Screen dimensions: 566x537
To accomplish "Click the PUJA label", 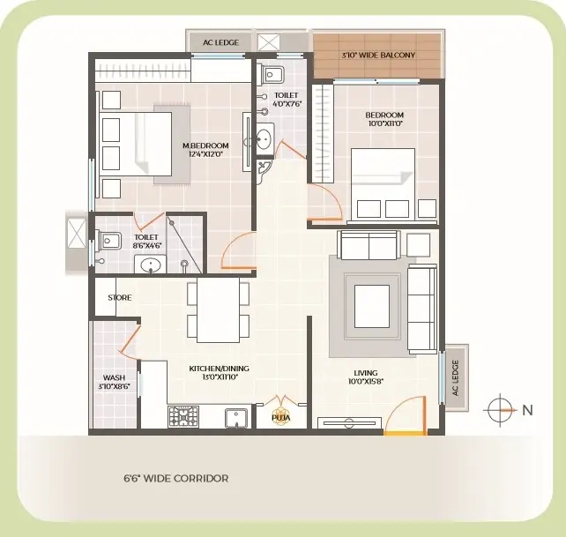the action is click(x=281, y=418).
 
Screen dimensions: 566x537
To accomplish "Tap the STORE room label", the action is click(x=120, y=297).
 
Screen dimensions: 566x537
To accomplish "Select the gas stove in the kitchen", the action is click(x=183, y=416).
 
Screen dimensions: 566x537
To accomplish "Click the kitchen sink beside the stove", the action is click(x=236, y=418).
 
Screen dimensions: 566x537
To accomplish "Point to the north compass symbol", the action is click(x=500, y=410).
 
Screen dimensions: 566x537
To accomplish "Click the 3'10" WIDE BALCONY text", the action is click(x=378, y=56).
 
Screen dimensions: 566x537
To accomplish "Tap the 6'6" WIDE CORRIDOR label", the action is click(x=176, y=479).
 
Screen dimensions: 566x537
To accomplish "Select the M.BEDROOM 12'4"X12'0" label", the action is click(x=205, y=150).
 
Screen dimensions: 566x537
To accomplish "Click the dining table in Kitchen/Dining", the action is click(x=219, y=310).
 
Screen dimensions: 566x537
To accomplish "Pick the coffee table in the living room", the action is click(x=372, y=306).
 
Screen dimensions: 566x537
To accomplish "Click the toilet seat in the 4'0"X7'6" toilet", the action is click(x=271, y=75).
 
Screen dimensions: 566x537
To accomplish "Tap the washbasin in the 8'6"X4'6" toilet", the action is click(x=151, y=265).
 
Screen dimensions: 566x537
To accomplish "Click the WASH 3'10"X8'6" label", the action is click(x=114, y=382).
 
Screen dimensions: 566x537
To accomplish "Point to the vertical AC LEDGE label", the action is click(x=455, y=377).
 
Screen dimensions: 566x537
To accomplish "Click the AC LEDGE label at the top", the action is click(x=220, y=42).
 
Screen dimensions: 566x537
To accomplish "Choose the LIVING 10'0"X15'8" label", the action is click(x=366, y=377).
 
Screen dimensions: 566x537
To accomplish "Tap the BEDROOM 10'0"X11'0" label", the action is click(x=384, y=119).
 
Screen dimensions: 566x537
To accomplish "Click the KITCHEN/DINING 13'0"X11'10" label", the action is click(x=220, y=373).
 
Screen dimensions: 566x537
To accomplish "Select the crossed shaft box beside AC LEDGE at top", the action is click(x=269, y=42).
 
